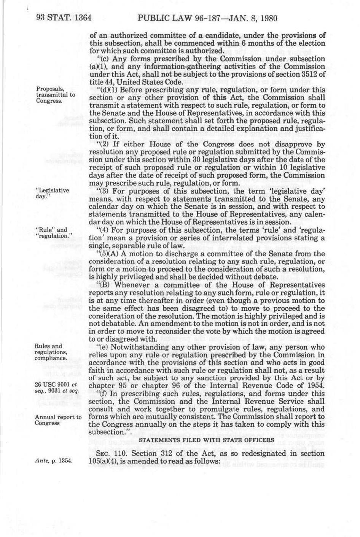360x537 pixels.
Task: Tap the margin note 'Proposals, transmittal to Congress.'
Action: click(56, 95)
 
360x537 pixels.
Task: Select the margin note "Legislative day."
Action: click(52, 193)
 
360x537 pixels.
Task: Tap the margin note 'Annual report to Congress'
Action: click(58, 420)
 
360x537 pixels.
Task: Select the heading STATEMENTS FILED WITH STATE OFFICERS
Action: click(207, 440)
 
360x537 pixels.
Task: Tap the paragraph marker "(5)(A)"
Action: click(108, 254)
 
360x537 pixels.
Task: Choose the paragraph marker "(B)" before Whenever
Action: click(104, 284)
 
